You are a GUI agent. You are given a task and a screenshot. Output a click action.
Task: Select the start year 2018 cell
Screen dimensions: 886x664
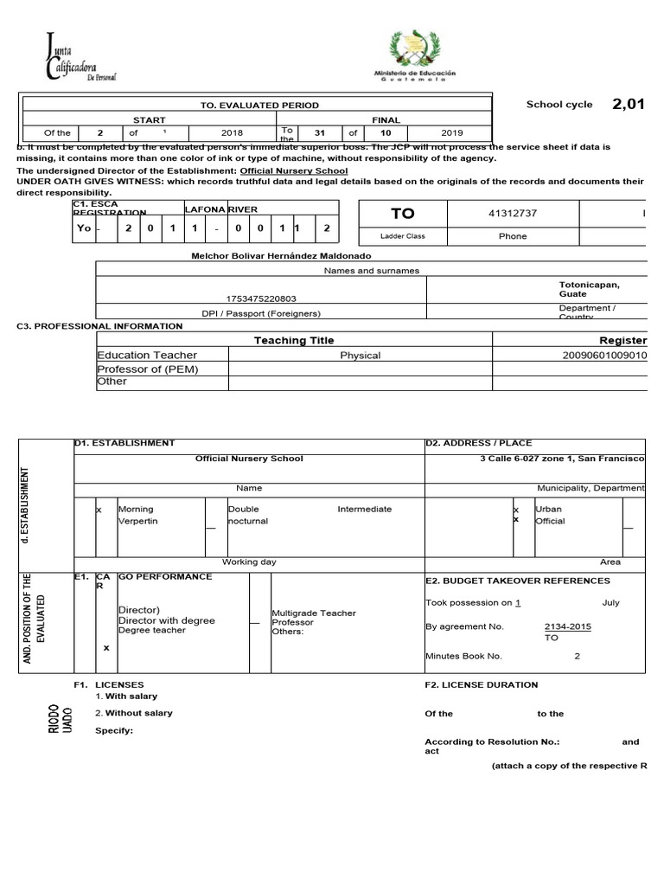[232, 133]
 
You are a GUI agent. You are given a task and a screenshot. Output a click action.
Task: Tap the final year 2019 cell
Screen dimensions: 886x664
[451, 133]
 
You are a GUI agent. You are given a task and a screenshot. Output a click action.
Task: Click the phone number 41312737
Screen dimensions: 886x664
[513, 213]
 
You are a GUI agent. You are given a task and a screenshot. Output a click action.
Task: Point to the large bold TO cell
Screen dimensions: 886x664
[403, 213]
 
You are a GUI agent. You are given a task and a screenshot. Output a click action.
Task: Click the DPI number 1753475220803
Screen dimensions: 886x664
[261, 297]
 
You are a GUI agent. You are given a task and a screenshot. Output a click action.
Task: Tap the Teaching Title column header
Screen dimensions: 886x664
[294, 341]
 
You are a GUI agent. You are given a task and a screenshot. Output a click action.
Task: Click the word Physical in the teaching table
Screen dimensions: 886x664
[361, 356]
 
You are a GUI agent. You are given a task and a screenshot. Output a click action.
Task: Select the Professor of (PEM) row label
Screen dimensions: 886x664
[148, 369]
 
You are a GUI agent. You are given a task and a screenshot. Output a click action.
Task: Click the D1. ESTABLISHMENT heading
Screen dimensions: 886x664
[124, 443]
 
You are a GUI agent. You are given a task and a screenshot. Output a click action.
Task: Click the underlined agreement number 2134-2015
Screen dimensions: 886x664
[568, 626]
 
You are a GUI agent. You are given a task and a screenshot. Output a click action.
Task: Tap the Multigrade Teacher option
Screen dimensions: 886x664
[314, 613]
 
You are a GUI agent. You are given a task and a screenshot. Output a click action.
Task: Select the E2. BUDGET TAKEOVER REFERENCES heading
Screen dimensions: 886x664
[518, 581]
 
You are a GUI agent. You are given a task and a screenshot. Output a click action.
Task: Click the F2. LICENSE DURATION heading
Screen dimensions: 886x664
[482, 684]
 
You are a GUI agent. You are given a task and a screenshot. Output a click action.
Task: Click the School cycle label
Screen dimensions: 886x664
[559, 105]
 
